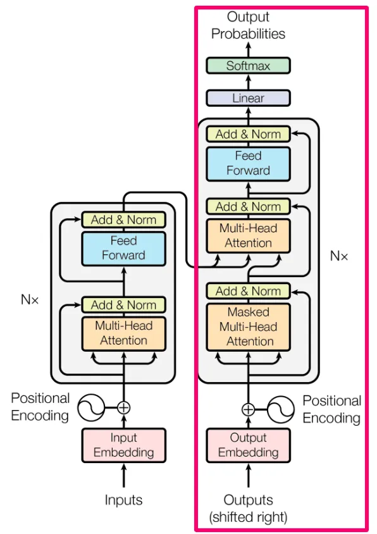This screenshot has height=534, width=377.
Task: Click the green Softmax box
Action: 248,66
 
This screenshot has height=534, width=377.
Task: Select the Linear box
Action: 248,98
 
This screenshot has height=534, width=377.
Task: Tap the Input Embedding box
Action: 123,445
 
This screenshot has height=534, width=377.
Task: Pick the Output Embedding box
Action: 248,445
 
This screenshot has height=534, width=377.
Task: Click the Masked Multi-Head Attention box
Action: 248,327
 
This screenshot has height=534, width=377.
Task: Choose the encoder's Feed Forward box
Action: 123,249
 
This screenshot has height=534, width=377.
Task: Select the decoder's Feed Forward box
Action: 248,164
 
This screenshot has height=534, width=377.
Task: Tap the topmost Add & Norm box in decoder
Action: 248,134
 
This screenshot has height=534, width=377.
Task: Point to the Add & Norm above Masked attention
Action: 248,291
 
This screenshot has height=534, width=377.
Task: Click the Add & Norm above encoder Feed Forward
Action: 123,220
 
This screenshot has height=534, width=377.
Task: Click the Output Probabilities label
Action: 248,25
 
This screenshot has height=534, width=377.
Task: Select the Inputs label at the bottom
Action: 123,500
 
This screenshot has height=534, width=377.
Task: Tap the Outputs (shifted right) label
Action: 248,508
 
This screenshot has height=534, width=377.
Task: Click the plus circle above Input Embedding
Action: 123,407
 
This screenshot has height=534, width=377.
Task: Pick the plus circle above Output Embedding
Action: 248,409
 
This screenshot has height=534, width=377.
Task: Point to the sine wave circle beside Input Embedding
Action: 91,407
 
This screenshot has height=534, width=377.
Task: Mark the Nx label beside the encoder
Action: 30,299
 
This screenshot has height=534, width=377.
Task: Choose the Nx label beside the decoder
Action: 339,256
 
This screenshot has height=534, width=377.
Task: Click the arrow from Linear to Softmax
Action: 248,82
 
